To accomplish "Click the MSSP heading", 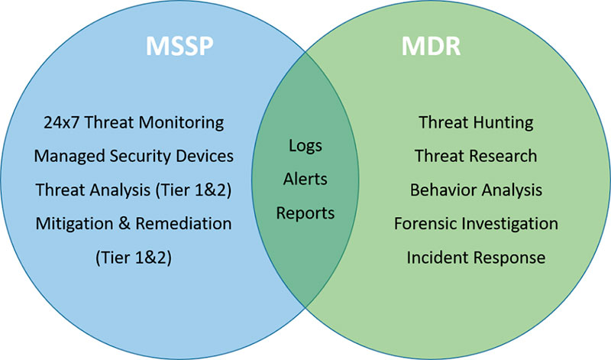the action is pos(179,46).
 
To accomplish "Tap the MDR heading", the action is pos(431,46).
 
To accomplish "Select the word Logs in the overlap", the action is pos(305,146).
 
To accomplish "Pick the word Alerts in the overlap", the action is pos(305,179).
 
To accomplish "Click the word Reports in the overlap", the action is pos(305,214).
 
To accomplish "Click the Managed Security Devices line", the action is pos(134,156).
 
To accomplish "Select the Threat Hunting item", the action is pos(476,123).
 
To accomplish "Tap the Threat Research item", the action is pos(476,156).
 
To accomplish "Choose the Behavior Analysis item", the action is pos(476,190).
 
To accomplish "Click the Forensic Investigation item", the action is pos(476,224).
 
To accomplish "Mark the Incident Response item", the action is pos(476,258).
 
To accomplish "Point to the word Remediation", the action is pos(183,223).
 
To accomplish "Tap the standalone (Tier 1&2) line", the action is pos(134,258).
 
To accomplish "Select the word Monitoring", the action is pos(181,123).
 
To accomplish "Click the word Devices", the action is pos(205,156).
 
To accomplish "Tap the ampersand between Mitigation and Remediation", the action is pos(124,224).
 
